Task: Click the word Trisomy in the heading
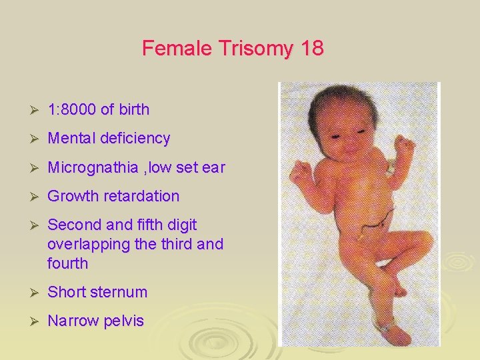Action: (x=245, y=49)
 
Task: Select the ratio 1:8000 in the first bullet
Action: (x=72, y=109)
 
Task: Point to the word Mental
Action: (x=71, y=139)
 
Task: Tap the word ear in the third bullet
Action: (x=213, y=167)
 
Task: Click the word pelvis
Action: (x=124, y=321)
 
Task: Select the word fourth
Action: (x=67, y=263)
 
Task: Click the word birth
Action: (x=134, y=109)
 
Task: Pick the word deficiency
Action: (x=135, y=139)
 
